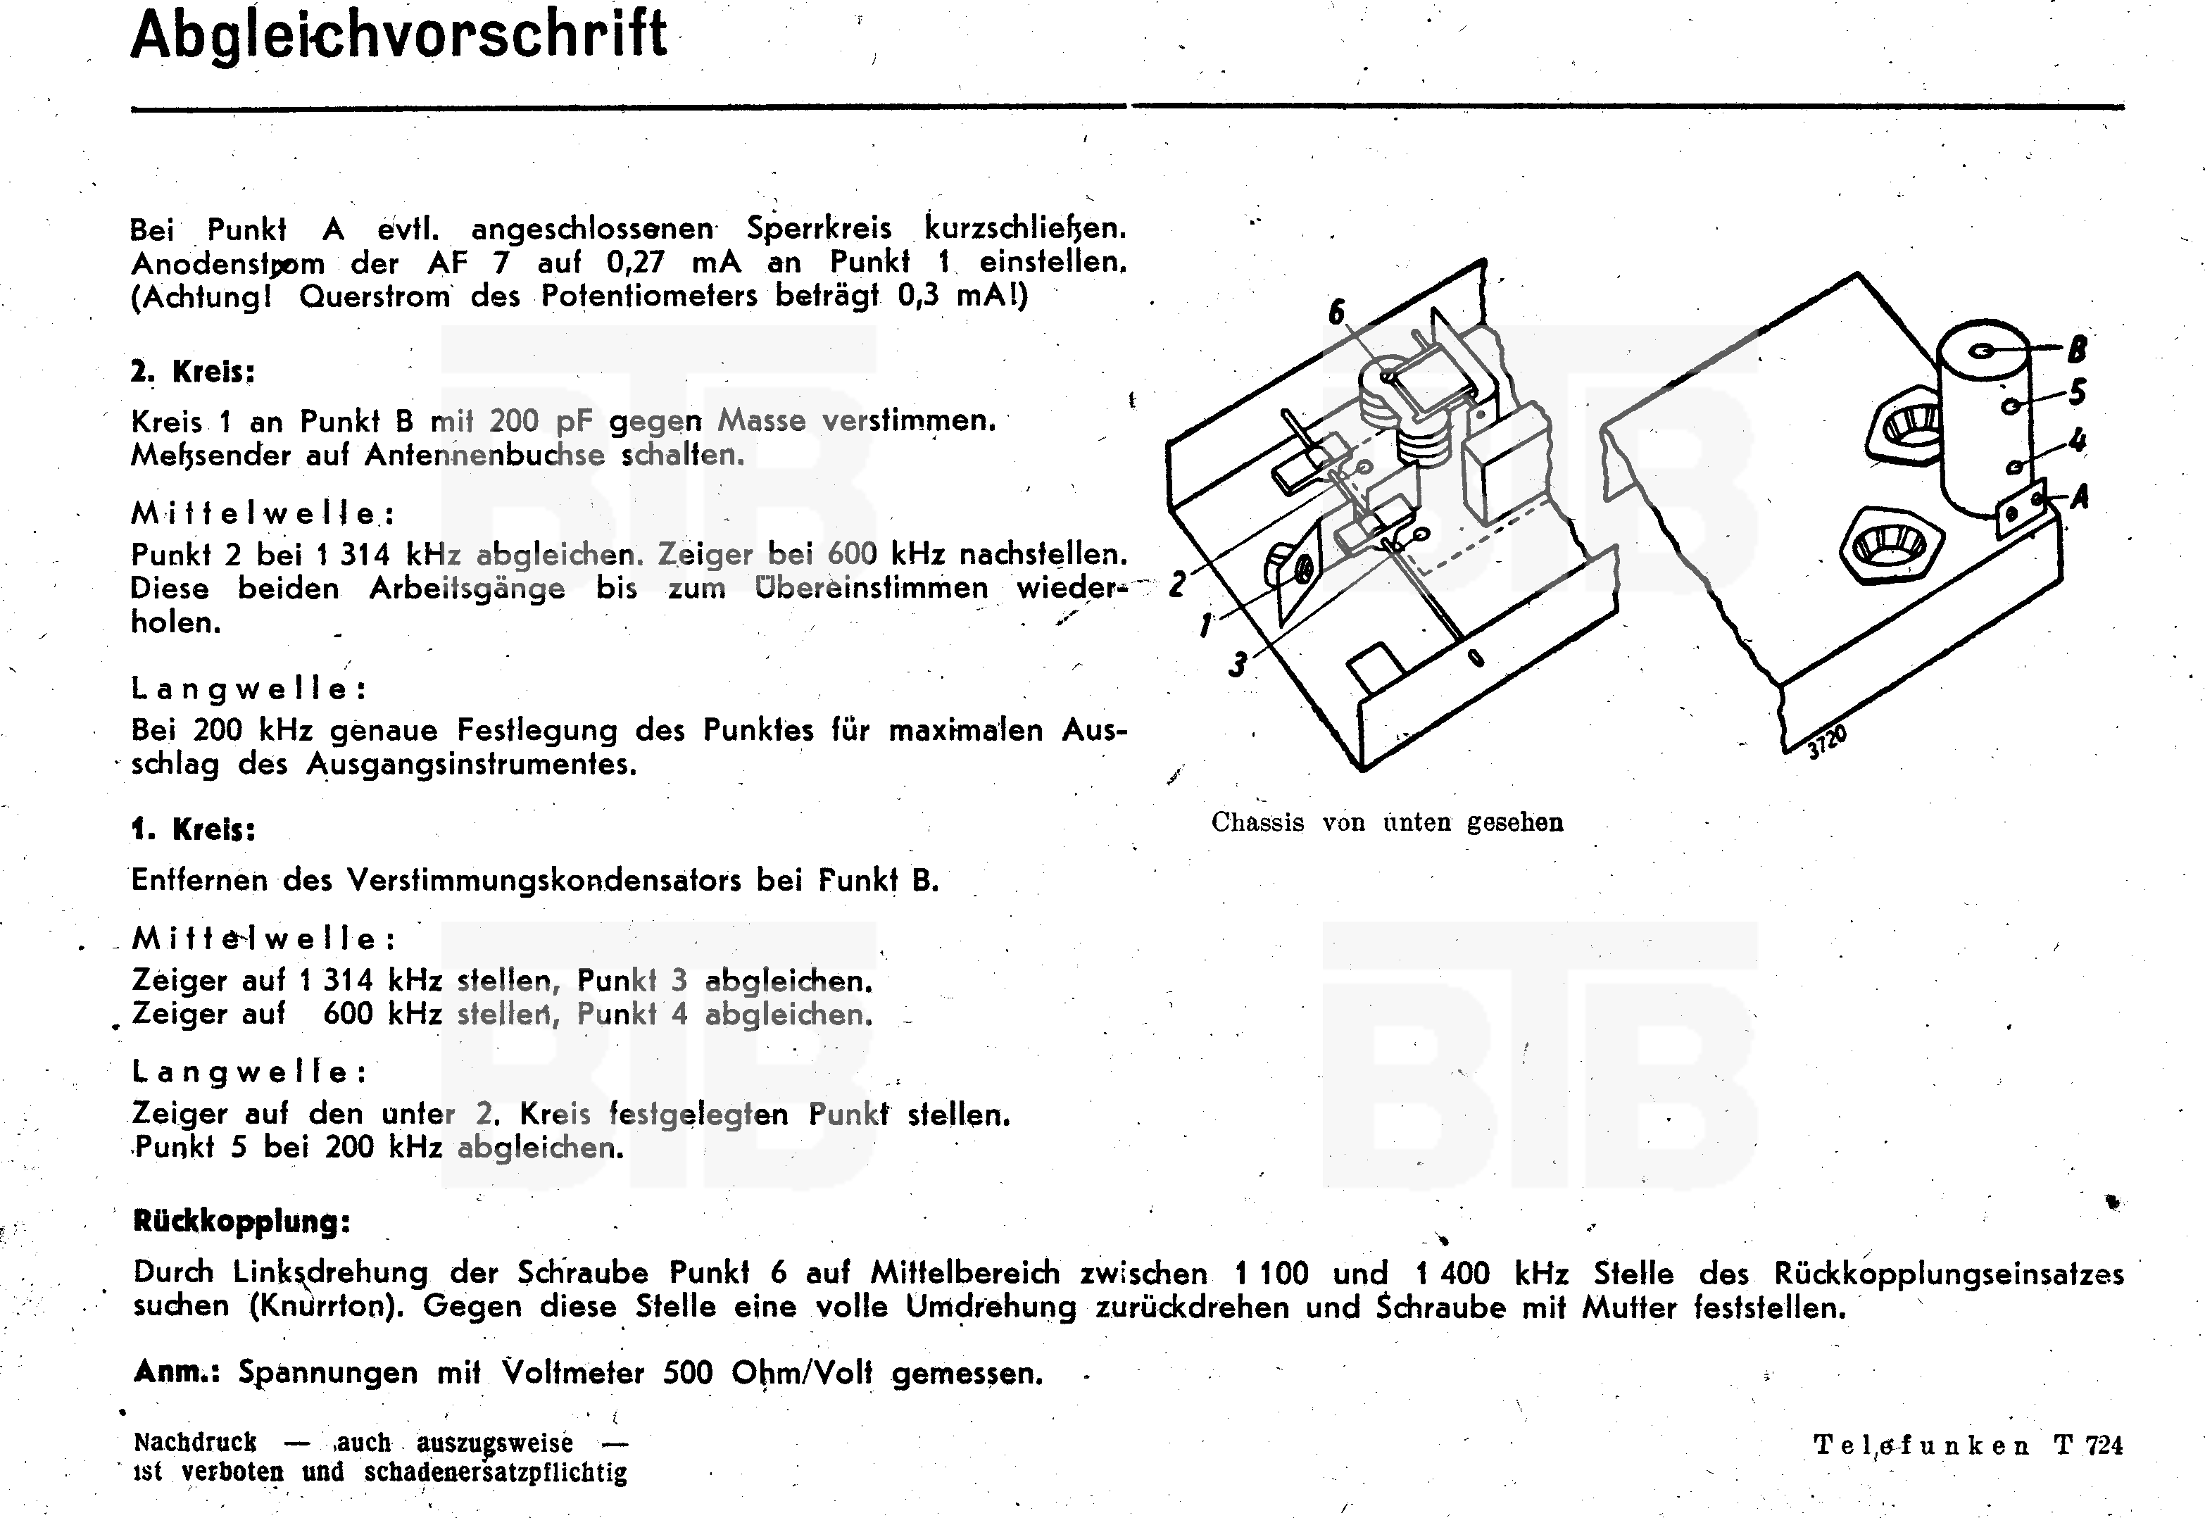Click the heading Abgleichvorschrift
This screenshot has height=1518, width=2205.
[x=398, y=36]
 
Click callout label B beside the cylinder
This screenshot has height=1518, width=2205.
[x=2077, y=350]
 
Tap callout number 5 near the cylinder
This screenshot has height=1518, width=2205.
[x=2078, y=392]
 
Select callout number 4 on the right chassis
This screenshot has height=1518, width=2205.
[x=2078, y=440]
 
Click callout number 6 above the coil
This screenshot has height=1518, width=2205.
[x=1337, y=312]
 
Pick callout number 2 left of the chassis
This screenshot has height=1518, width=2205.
[x=1178, y=582]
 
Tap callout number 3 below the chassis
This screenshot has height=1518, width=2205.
[x=1237, y=664]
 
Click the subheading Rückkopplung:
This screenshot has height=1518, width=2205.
[x=241, y=1222]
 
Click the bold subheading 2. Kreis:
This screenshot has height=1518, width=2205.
[x=192, y=372]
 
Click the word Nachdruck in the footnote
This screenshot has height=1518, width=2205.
[x=195, y=1443]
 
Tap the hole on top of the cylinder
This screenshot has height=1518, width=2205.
[x=1983, y=351]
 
